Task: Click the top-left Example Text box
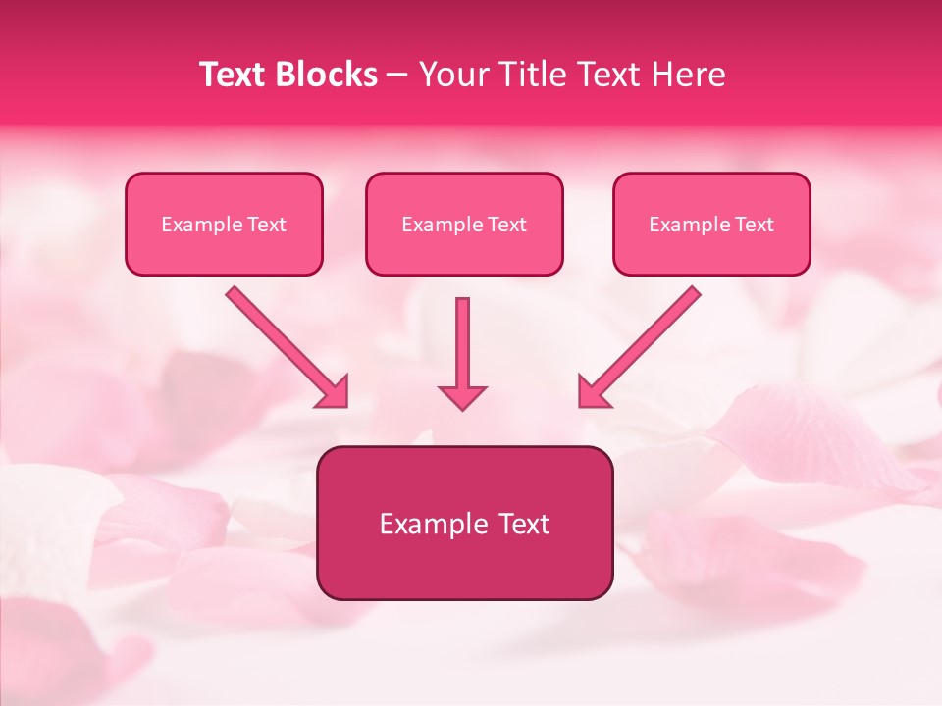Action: coord(224,225)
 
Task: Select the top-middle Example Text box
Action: coord(464,225)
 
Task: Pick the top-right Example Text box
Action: coord(711,225)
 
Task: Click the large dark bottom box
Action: coord(464,524)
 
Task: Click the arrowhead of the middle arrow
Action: coord(462,396)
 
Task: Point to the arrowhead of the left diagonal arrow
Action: coord(336,394)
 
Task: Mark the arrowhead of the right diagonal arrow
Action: coord(591,394)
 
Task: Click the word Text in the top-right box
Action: coord(755,225)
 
